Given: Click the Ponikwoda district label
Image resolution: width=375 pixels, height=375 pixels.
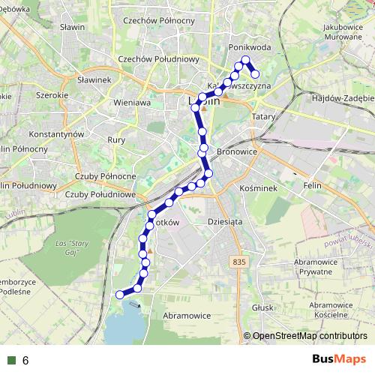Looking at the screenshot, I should [x=249, y=46].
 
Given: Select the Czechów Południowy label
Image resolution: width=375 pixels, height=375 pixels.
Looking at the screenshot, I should [x=158, y=59].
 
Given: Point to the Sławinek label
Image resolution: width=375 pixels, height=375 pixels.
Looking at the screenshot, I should [x=94, y=79].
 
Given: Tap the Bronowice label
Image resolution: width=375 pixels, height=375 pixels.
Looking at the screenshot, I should [x=237, y=151].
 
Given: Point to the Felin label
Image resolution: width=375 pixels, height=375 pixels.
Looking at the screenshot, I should [x=312, y=184].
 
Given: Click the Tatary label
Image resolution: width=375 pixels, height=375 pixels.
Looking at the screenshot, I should [x=264, y=117].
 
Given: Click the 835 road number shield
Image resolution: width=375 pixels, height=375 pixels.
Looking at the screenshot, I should [x=239, y=260].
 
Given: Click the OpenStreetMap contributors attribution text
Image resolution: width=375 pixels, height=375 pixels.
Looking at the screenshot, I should [x=310, y=336].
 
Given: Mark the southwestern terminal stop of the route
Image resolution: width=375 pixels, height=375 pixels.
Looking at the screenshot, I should [x=119, y=295].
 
